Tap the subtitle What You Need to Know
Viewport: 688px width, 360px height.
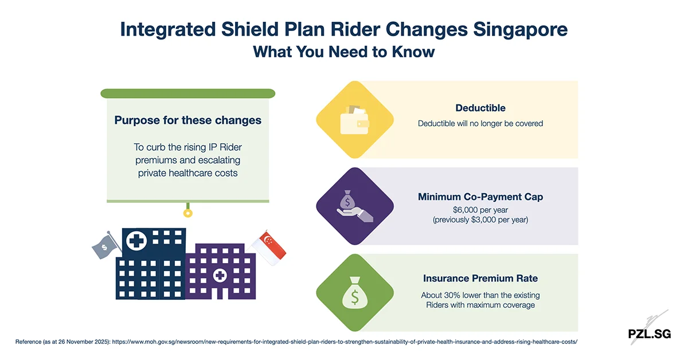click(344, 52)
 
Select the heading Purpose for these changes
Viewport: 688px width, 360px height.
click(188, 120)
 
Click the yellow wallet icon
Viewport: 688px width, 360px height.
click(355, 120)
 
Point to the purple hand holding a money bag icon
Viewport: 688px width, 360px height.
click(355, 207)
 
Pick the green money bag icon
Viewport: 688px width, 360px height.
click(355, 293)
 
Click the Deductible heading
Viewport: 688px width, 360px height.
click(480, 108)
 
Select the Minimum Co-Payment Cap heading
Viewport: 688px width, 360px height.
click(480, 197)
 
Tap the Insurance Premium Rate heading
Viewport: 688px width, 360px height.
click(480, 279)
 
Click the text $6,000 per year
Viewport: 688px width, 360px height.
click(480, 210)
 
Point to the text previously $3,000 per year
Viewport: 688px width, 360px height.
click(480, 220)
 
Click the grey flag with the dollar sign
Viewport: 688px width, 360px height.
click(106, 245)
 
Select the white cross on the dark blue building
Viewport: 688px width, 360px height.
click(136, 241)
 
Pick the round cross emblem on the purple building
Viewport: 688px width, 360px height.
click(220, 276)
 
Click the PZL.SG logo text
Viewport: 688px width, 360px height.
click(648, 334)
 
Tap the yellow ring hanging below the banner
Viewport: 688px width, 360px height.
click(187, 213)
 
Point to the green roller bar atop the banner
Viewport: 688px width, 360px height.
click(187, 93)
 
